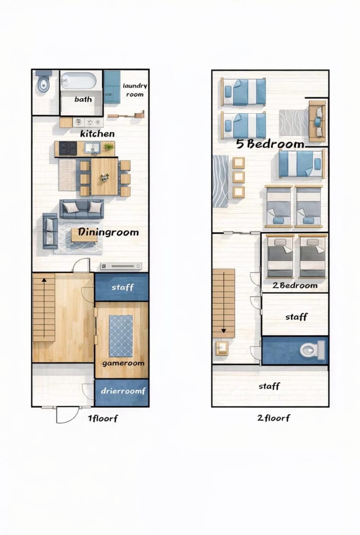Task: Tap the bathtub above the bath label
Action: pyautogui.click(x=78, y=81)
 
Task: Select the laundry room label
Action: pyautogui.click(x=135, y=90)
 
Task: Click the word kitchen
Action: pyautogui.click(x=97, y=134)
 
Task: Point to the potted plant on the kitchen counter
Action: pyautogui.click(x=109, y=147)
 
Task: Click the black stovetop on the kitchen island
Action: pyautogui.click(x=68, y=148)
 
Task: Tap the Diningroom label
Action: pyautogui.click(x=108, y=232)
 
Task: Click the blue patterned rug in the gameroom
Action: pyautogui.click(x=121, y=336)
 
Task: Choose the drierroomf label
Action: pyautogui.click(x=123, y=391)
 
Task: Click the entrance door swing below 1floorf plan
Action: pyautogui.click(x=67, y=415)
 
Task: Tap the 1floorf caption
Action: pyautogui.click(x=103, y=418)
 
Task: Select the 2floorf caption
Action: pyautogui.click(x=274, y=418)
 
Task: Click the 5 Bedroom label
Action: pyautogui.click(x=270, y=144)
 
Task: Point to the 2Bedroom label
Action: pyautogui.click(x=295, y=286)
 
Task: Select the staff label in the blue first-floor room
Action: pyautogui.click(x=123, y=287)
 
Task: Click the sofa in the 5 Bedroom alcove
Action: pyautogui.click(x=317, y=122)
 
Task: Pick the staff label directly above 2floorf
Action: pyautogui.click(x=269, y=386)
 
